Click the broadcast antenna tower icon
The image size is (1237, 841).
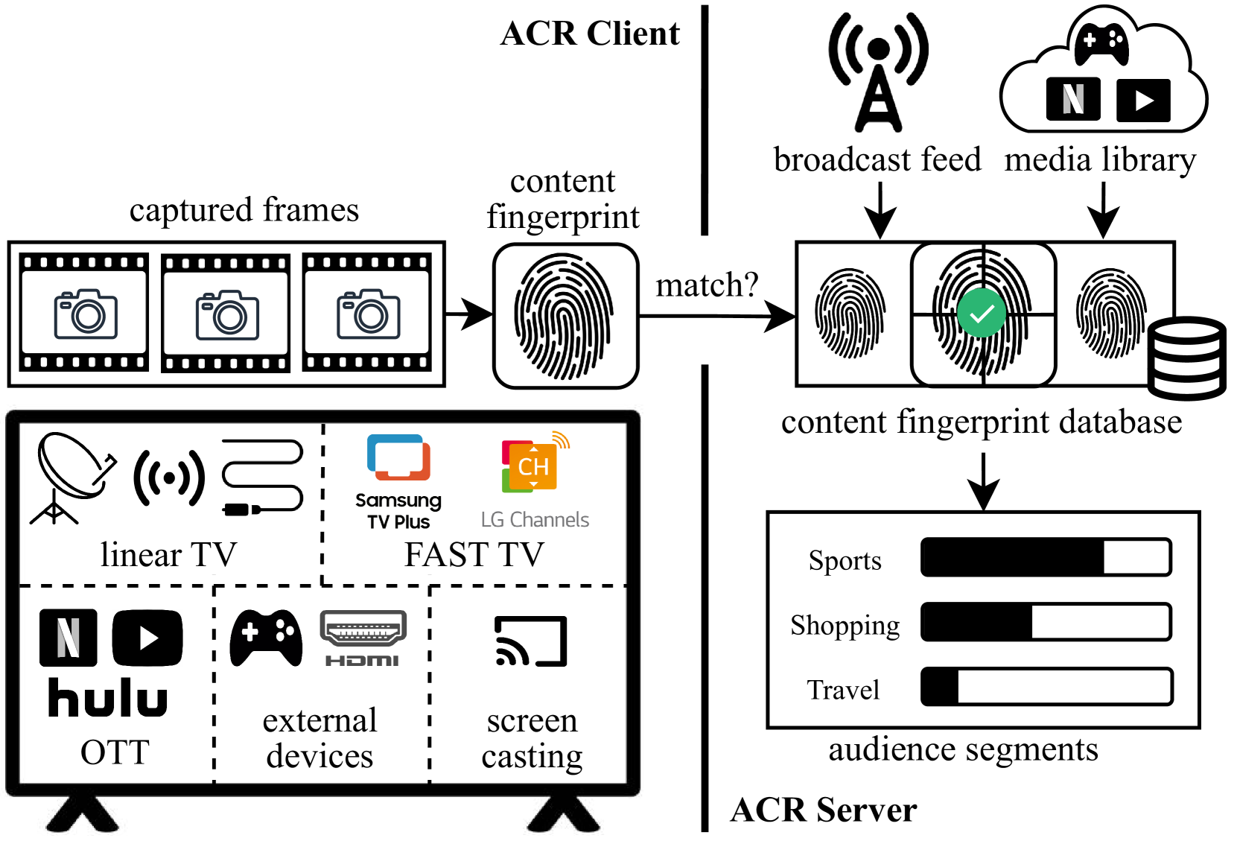878,72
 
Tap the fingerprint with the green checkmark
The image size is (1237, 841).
982,313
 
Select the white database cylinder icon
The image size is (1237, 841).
1186,358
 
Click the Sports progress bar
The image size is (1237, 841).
1046,557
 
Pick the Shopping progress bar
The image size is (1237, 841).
1046,622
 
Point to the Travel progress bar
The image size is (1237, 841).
1046,687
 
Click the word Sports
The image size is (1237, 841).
845,561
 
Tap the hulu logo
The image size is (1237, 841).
108,698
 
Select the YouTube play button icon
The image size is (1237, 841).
147,638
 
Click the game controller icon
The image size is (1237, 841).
266,638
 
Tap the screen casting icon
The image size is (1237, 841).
531,641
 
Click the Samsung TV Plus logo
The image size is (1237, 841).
398,481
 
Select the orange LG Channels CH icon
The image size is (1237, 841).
534,465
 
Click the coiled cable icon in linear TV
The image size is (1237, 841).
263,477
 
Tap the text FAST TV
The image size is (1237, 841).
474,555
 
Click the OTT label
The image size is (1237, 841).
115,752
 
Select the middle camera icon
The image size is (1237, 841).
227,315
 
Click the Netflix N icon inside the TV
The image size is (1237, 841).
68,638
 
